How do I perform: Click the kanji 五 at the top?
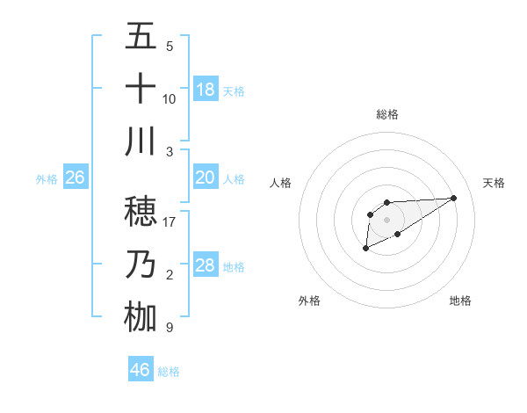(x=141, y=37)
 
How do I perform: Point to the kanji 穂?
(x=141, y=212)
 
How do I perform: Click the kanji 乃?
(x=141, y=264)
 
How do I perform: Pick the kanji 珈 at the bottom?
(x=141, y=317)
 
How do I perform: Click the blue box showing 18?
(x=206, y=89)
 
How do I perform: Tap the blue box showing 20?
(x=206, y=177)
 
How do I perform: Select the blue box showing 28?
(x=206, y=265)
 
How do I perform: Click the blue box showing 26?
(x=76, y=178)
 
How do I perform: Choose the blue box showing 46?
(x=141, y=369)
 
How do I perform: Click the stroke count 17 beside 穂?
(x=170, y=221)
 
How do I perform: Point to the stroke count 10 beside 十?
(x=170, y=98)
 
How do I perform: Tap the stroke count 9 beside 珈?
(x=170, y=328)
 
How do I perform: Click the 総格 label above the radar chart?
(x=386, y=114)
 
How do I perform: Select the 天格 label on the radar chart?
(x=495, y=183)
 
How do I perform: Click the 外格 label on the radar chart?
(x=309, y=301)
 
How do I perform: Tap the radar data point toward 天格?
(x=454, y=197)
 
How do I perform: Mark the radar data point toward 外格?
(x=365, y=249)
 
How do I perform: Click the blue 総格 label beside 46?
(x=169, y=372)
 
